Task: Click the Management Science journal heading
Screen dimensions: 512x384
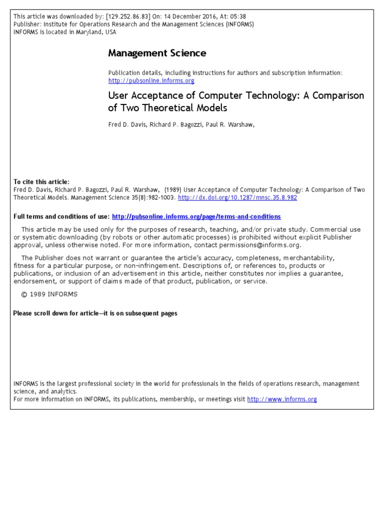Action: pos(157,53)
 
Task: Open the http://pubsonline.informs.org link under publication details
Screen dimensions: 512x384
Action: pos(151,80)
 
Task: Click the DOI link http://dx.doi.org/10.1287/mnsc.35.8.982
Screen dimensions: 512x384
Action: pos(237,197)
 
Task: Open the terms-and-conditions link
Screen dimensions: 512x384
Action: pos(196,216)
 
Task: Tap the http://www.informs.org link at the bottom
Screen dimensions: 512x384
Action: pos(282,399)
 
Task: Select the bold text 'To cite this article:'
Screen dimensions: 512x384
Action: pos(41,182)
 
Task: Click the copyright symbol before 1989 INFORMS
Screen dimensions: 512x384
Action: pos(23,294)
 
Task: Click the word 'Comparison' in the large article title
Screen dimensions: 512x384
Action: pos(331,95)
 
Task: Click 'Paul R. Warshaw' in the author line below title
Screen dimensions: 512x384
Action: pos(231,125)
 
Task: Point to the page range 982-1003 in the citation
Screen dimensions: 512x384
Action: pos(160,197)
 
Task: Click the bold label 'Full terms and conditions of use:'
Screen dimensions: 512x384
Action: pos(61,216)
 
